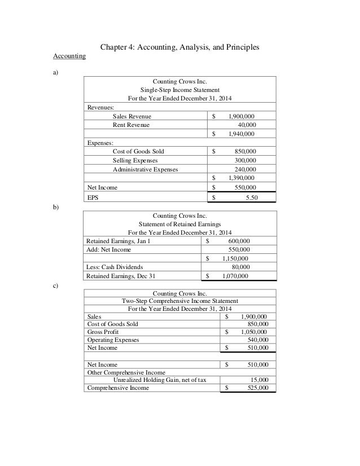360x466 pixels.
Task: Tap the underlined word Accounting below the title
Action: coord(69,56)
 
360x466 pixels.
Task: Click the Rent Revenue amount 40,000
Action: coord(247,125)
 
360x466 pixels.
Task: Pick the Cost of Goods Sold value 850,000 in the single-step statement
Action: coord(244,152)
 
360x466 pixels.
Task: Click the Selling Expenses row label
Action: coord(135,161)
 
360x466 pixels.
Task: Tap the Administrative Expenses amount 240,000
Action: coord(244,169)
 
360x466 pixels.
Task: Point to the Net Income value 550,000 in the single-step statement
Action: coord(244,187)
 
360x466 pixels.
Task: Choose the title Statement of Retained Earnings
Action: coord(180,224)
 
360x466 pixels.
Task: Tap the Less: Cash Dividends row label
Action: coord(115,267)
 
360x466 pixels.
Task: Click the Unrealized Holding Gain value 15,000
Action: coord(258,380)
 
